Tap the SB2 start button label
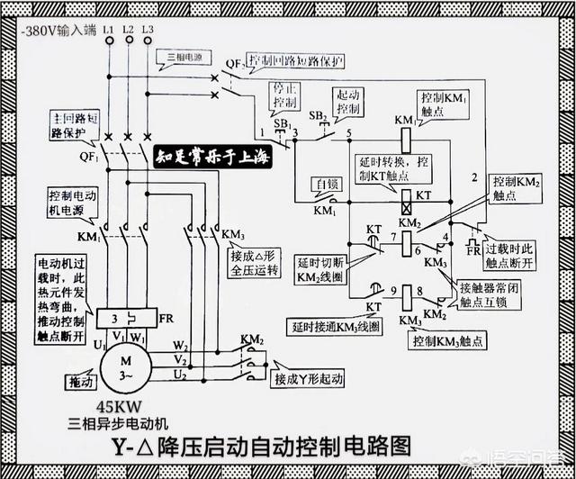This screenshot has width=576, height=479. (318, 116)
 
